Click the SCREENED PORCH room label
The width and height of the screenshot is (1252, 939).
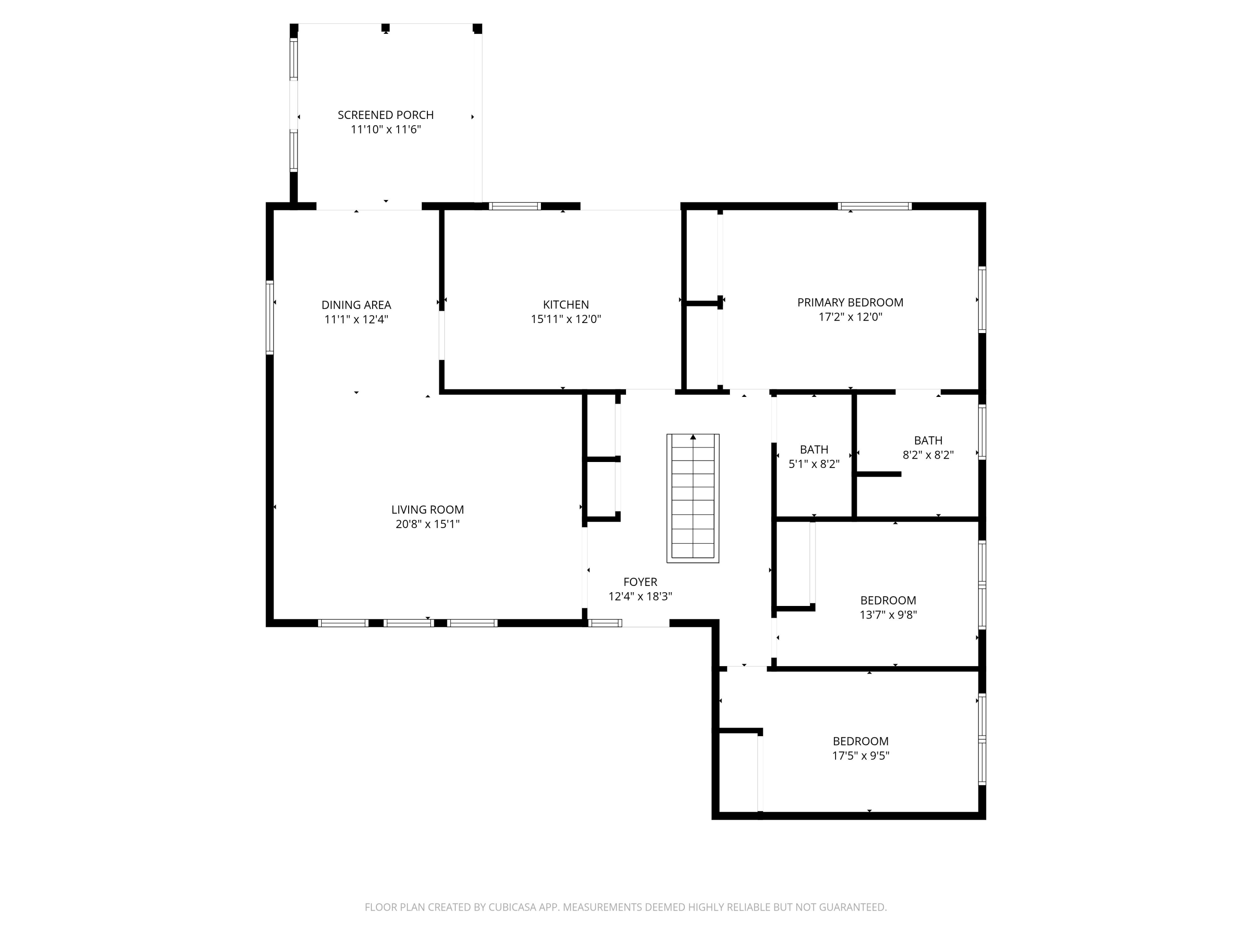[386, 115]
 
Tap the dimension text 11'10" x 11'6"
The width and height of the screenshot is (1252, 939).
[386, 130]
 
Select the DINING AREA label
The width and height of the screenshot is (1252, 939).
[356, 305]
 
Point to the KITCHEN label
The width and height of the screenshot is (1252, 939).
[565, 305]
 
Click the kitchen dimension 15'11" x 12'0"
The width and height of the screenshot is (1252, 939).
[565, 319]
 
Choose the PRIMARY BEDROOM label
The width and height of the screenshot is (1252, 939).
[850, 302]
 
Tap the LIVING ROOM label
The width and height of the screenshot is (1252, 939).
[427, 510]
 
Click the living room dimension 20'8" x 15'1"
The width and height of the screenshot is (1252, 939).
[427, 524]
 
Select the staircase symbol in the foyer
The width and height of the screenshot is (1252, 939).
[692, 498]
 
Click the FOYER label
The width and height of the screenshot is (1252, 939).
[640, 582]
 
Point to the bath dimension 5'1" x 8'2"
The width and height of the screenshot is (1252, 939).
[813, 464]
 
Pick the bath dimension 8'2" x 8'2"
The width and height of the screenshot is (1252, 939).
[928, 455]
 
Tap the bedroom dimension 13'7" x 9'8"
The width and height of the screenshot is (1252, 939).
[888, 615]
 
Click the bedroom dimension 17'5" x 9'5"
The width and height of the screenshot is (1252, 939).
[860, 756]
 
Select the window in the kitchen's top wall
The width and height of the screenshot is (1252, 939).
[515, 206]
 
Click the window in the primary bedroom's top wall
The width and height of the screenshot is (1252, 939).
[874, 206]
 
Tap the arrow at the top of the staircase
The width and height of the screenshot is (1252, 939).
[693, 437]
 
